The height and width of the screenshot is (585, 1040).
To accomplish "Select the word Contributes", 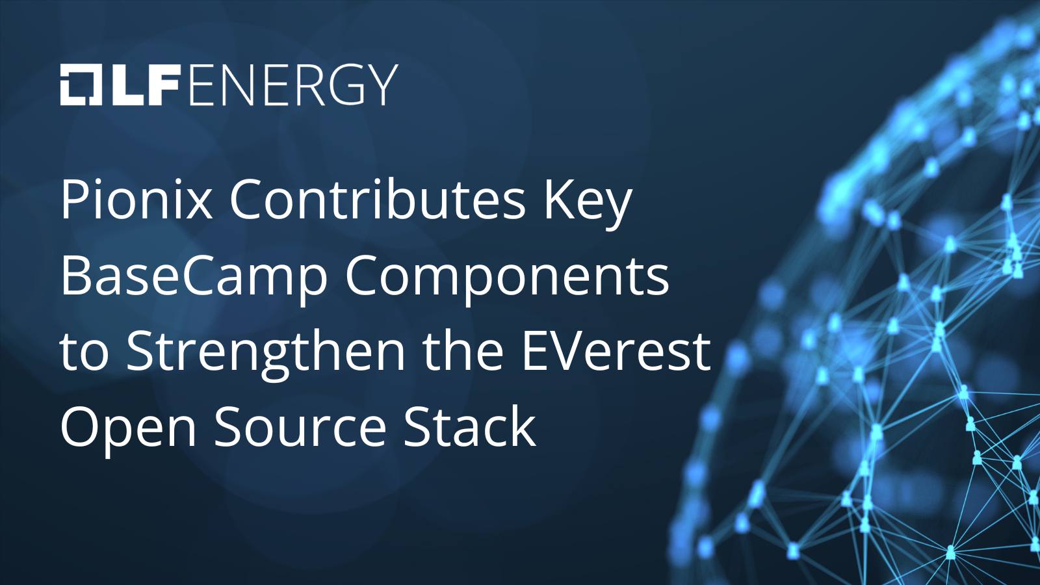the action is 378,200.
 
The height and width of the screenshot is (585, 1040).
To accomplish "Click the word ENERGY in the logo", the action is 294,84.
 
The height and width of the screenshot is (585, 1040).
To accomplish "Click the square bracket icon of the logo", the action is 81,85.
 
